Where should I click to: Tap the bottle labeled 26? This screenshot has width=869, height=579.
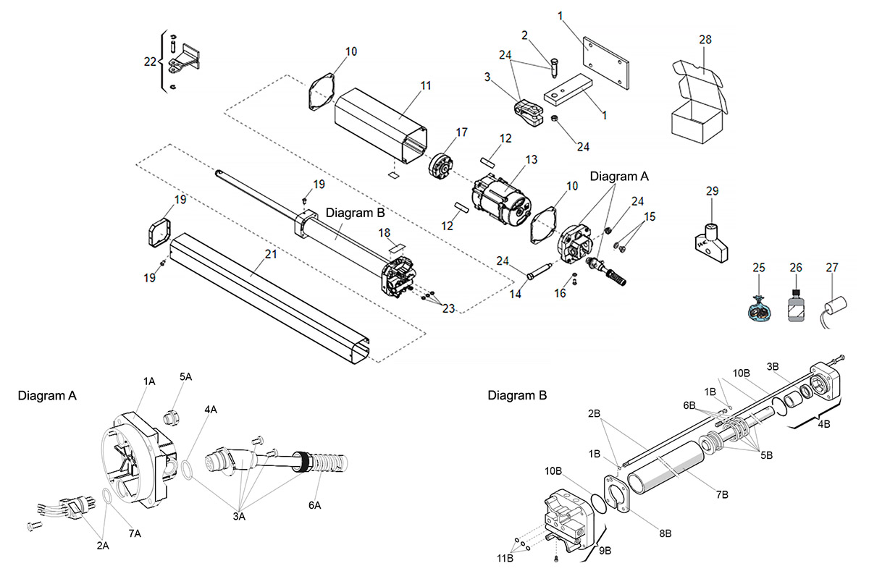point(795,307)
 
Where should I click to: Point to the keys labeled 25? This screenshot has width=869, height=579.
point(758,309)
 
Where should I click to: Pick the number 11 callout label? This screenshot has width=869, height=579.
point(425,85)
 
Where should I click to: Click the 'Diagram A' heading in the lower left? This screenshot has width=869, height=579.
point(47,396)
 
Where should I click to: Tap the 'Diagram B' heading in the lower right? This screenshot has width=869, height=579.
point(517,396)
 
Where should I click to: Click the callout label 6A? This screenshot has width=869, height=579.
point(314,505)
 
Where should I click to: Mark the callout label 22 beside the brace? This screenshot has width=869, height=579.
point(150,62)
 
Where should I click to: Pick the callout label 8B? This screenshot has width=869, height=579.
point(663,532)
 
